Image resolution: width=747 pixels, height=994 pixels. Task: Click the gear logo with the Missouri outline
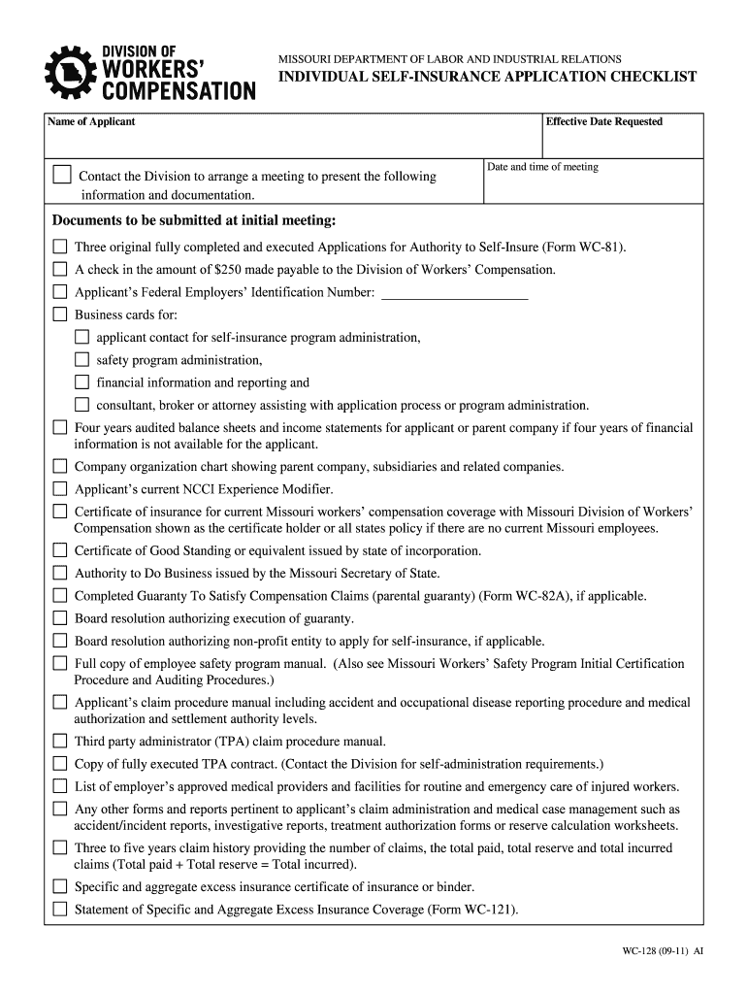click(70, 72)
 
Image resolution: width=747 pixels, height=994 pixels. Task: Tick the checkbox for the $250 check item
click(60, 269)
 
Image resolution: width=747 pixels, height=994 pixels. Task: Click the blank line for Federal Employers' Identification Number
click(455, 293)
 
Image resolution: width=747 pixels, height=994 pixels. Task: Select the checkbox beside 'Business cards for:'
click(60, 315)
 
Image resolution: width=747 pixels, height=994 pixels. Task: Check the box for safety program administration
click(81, 360)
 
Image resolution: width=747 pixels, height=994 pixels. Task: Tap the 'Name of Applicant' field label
click(92, 122)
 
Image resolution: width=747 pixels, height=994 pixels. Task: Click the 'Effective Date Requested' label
click(604, 122)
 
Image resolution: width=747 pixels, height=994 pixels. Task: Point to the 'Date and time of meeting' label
click(542, 167)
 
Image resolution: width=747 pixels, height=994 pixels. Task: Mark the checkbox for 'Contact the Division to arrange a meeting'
click(62, 176)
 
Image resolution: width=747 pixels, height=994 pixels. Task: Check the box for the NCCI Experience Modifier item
click(60, 489)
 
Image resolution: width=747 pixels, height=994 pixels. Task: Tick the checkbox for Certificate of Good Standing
click(60, 550)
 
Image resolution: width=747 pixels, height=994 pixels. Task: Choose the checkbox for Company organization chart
click(60, 467)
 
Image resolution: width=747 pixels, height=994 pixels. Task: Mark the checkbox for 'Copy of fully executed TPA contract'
click(60, 764)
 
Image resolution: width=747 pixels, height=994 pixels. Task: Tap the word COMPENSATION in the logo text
click(179, 91)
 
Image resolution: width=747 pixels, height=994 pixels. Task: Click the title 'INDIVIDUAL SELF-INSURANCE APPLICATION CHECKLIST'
click(487, 77)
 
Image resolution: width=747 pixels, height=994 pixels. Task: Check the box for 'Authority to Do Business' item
click(60, 574)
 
